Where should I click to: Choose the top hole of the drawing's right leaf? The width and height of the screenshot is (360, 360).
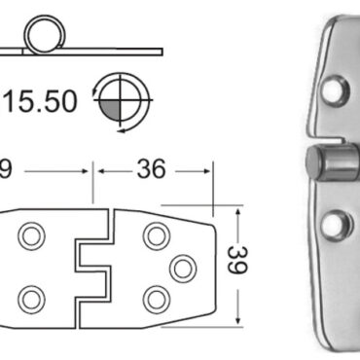tap(154, 234)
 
